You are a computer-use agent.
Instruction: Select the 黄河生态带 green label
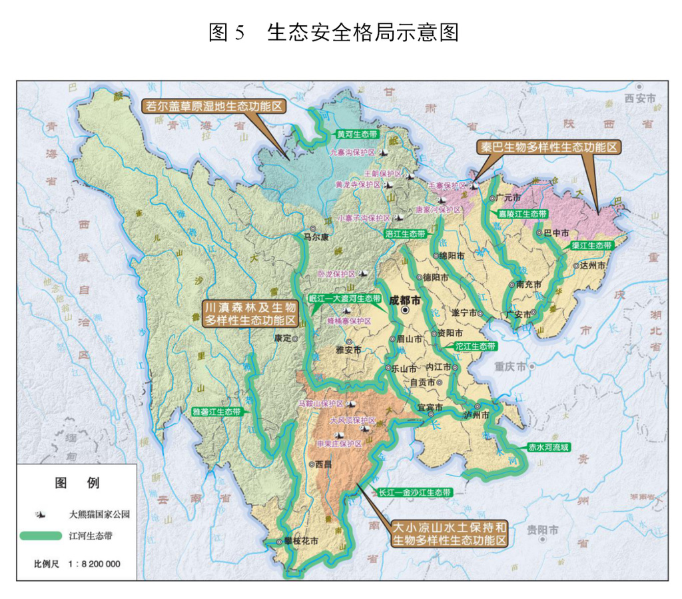pyautogui.click(x=353, y=134)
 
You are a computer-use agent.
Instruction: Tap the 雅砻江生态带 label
pyautogui.click(x=216, y=411)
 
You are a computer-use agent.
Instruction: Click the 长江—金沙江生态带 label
pyautogui.click(x=414, y=493)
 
